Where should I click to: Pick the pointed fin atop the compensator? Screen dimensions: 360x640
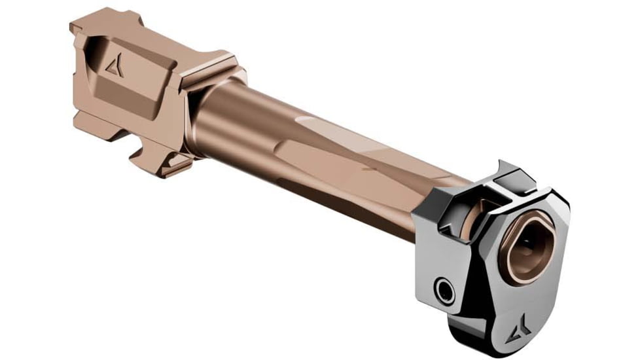pyautogui.click(x=503, y=170)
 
